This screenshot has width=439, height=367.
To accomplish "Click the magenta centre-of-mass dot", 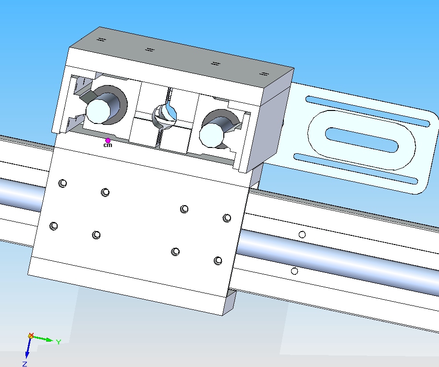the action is [x=108, y=141].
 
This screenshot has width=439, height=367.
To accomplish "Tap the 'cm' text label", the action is [x=108, y=145].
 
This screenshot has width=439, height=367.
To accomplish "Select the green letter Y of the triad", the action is [x=59, y=342].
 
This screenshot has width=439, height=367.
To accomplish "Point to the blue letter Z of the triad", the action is [x=24, y=364].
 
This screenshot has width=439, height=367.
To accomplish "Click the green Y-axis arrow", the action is [x=42, y=339].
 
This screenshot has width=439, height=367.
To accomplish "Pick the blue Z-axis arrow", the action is [x=28, y=348].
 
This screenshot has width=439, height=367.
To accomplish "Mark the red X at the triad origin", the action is [x=31, y=335].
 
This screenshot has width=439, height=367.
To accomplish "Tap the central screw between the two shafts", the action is [x=165, y=116].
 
